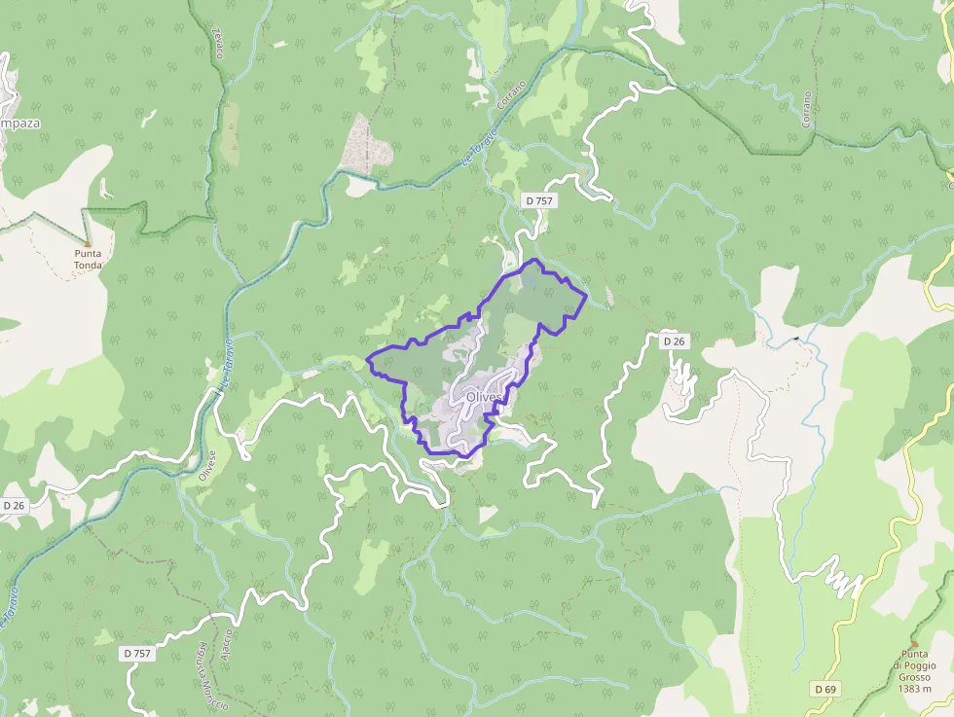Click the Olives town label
click(x=484, y=397)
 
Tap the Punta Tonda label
click(x=88, y=258)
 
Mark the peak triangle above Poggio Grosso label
click(x=914, y=643)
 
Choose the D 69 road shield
click(x=826, y=690)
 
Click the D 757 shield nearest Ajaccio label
click(x=138, y=653)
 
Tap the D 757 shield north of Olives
click(x=538, y=200)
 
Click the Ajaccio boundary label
click(x=225, y=647)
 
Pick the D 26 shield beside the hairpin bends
click(x=674, y=341)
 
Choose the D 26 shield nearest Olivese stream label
click(x=14, y=506)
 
